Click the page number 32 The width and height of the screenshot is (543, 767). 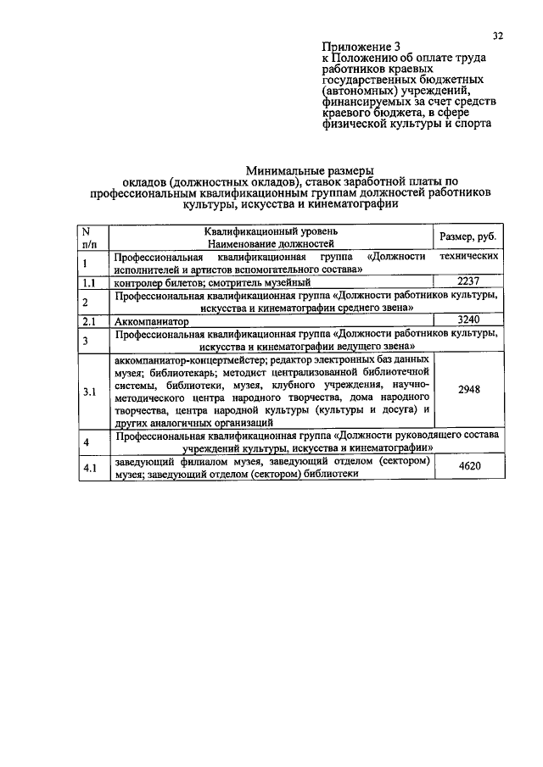(x=498, y=35)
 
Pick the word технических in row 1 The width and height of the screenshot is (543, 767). (x=467, y=255)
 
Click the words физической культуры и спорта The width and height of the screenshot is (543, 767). (x=407, y=122)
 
